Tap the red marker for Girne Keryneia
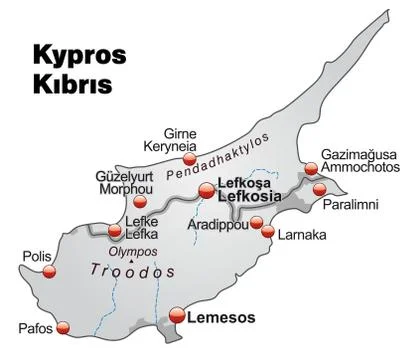tap(190, 158)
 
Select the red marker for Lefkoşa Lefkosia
tap(207, 190)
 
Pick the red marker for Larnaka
tap(268, 233)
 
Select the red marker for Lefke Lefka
tap(114, 232)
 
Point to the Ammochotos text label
tap(355, 170)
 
